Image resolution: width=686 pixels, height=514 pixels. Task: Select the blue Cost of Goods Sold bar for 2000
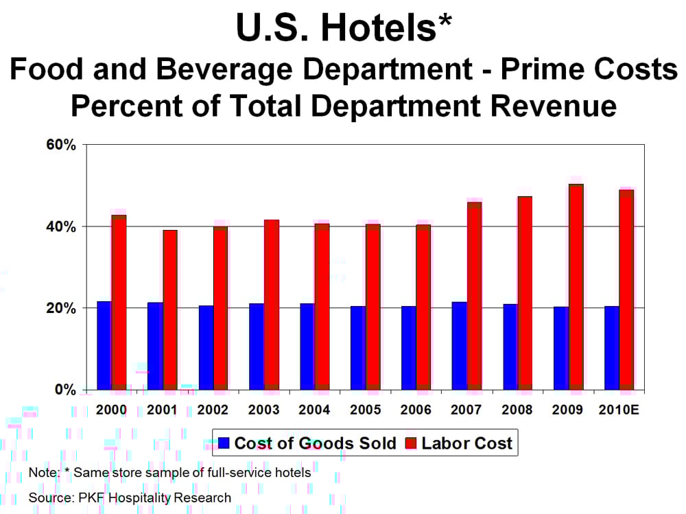[x=104, y=346]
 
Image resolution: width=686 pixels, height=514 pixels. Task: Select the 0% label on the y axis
[x=66, y=390]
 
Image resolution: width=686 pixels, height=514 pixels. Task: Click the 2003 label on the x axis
[x=263, y=410]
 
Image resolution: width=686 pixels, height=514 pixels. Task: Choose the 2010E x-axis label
[x=620, y=410]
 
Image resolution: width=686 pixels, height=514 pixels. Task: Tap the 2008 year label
[x=518, y=410]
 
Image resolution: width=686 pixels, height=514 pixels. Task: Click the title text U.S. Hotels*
[x=342, y=29]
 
